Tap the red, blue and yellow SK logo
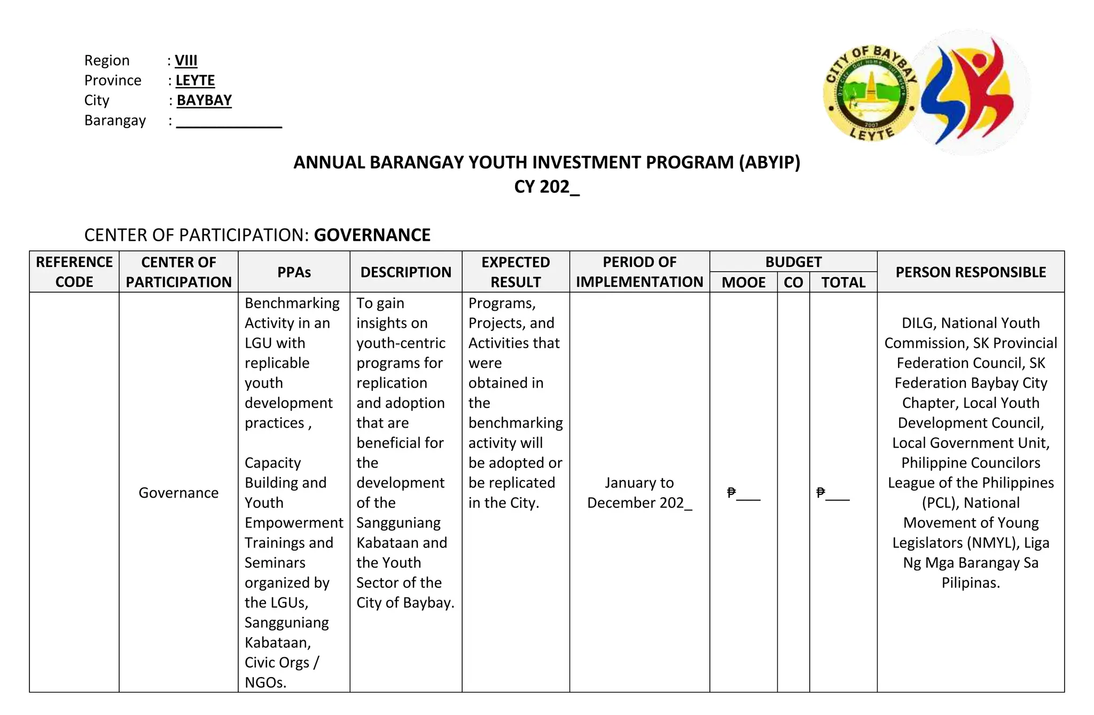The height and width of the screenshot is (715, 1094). (x=970, y=92)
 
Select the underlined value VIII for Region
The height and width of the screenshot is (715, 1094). (x=186, y=60)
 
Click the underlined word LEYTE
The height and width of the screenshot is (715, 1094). (x=195, y=81)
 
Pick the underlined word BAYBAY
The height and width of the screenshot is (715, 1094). (x=204, y=100)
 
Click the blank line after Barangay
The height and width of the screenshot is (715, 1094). (x=229, y=122)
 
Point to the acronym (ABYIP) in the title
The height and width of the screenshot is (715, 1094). (x=769, y=162)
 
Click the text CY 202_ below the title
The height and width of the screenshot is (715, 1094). (x=546, y=187)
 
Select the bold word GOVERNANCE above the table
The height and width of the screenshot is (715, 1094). (x=372, y=235)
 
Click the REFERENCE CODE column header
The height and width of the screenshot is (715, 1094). (x=74, y=272)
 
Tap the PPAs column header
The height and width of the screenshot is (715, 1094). (x=294, y=272)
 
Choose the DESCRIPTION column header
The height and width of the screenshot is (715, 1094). (x=405, y=272)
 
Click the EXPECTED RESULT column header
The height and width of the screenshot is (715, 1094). (x=515, y=272)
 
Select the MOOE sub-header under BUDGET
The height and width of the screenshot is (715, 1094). (x=743, y=282)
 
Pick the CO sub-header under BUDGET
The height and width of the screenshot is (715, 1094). (x=793, y=282)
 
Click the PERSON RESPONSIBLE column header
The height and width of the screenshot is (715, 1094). (x=970, y=272)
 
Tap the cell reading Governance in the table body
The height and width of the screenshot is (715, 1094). (x=178, y=493)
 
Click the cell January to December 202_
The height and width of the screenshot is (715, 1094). (x=639, y=493)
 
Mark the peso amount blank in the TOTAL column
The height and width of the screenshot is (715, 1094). (x=833, y=493)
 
